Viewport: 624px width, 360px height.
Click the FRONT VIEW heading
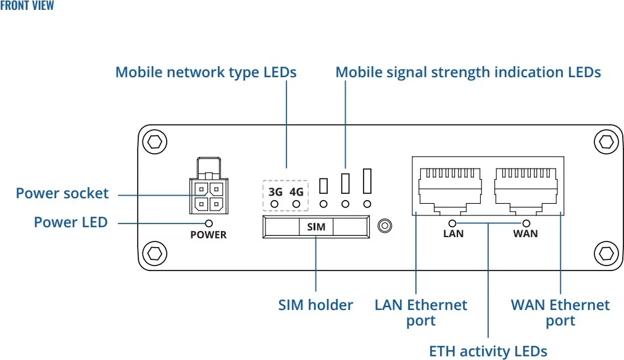point(27,6)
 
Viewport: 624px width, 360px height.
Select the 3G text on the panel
point(275,191)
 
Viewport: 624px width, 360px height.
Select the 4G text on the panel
point(296,191)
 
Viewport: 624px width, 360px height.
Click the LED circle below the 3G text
point(275,204)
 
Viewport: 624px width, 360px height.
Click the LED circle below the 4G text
point(296,204)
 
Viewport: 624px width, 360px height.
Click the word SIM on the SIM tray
point(316,227)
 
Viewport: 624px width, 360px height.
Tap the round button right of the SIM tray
point(385,226)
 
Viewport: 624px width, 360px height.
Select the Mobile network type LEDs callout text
point(206,72)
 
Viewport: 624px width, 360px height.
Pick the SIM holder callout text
point(315,304)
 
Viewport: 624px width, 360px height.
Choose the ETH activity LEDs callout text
point(488,351)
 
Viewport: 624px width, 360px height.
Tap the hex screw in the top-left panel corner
point(154,142)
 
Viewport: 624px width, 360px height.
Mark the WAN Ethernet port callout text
point(560,312)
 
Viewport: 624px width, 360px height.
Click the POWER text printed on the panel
point(209,235)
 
